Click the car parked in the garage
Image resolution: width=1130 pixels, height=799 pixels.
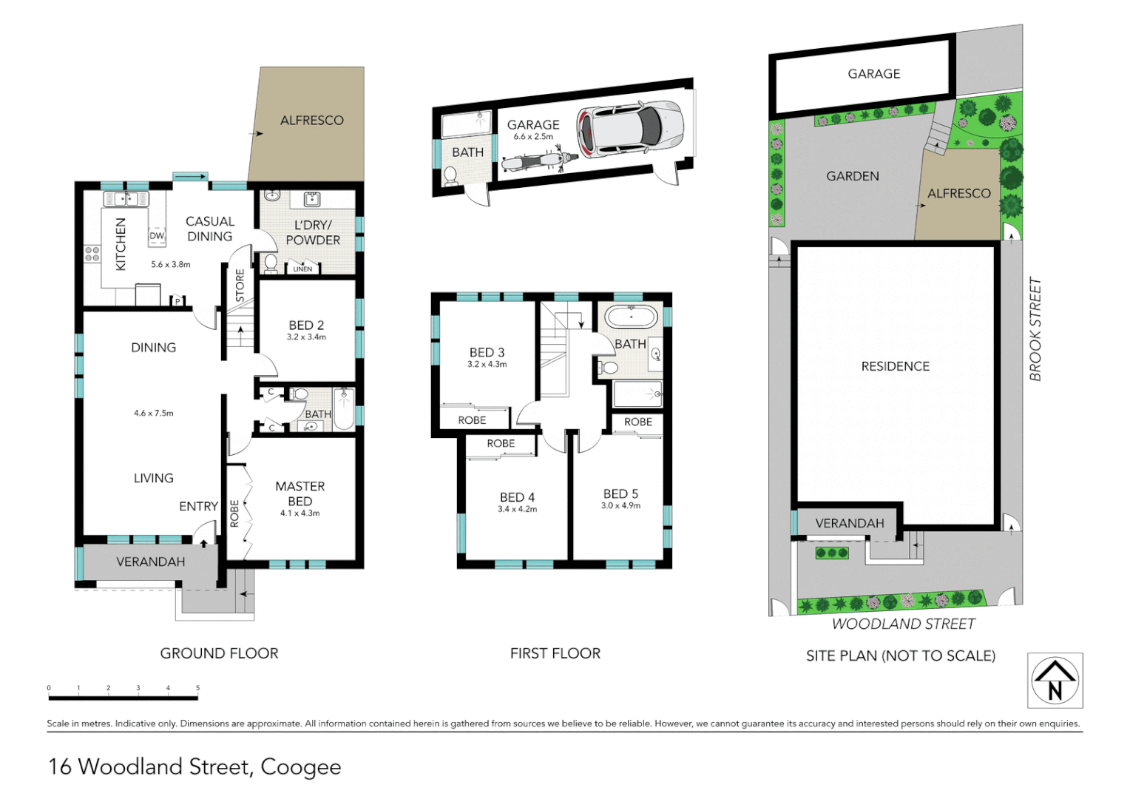630,129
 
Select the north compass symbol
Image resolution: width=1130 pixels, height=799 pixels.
1055,681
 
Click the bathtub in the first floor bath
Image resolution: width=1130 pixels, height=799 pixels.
631,317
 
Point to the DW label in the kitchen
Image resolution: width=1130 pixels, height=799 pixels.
157,236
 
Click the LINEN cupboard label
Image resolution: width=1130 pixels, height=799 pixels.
302,269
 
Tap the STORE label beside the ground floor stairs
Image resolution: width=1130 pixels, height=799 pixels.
240,285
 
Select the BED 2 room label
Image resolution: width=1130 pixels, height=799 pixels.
306,326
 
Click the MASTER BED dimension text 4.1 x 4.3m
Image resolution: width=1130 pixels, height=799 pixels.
300,513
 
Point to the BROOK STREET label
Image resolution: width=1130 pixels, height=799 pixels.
1035,329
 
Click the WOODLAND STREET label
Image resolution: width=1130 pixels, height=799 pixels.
903,624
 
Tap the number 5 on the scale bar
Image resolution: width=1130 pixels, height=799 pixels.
197,688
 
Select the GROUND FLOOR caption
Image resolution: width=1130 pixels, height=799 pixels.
219,653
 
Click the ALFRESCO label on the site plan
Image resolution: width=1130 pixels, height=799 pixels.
958,194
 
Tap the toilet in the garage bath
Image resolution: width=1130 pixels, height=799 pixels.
450,175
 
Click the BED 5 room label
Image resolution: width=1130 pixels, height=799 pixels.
620,493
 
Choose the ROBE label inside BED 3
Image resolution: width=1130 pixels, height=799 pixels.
472,420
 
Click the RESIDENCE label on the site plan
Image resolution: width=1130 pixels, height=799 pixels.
895,366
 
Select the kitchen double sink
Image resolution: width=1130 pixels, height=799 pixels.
126,199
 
